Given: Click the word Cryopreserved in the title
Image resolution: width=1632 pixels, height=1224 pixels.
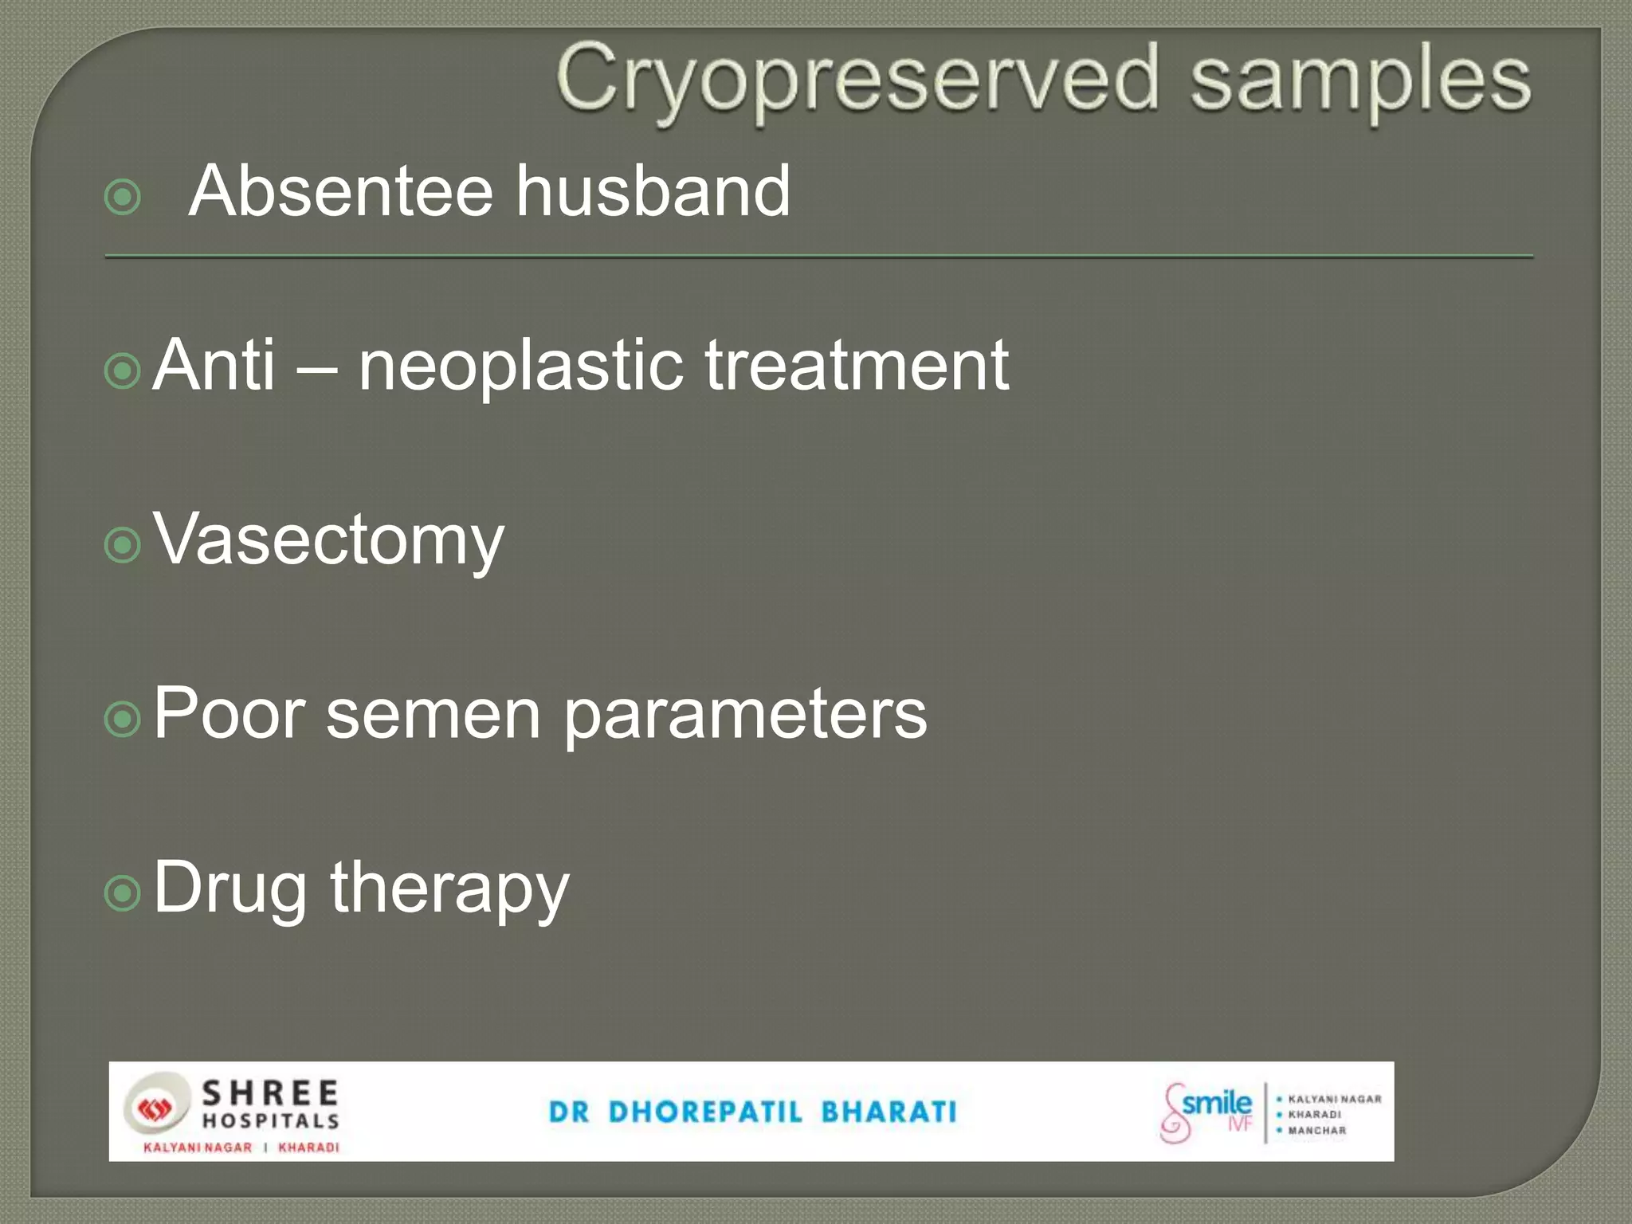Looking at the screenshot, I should point(857,80).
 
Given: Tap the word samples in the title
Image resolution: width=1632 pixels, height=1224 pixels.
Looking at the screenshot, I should point(1359,80).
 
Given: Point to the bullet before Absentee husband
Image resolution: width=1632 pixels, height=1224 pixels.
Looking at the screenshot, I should point(123,197).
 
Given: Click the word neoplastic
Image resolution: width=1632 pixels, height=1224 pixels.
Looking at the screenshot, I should point(520,367).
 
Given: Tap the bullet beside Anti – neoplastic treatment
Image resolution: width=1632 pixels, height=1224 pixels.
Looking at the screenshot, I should point(123,371).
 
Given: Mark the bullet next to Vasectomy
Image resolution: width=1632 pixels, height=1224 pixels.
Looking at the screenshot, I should point(123,545).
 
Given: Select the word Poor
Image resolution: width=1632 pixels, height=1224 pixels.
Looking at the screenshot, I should point(229,713).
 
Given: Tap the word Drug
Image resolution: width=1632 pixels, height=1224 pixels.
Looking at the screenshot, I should point(229,889).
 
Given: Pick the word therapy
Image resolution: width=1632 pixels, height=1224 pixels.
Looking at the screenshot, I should point(449,889).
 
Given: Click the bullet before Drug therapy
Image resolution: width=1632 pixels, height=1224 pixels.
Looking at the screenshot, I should point(123,893).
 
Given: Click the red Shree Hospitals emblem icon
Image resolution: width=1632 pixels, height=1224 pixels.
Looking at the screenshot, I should point(155,1108).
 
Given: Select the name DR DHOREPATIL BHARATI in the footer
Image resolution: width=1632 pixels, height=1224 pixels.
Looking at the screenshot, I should point(752,1112).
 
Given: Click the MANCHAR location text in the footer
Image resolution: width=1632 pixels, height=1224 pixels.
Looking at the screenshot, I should point(1316,1130).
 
